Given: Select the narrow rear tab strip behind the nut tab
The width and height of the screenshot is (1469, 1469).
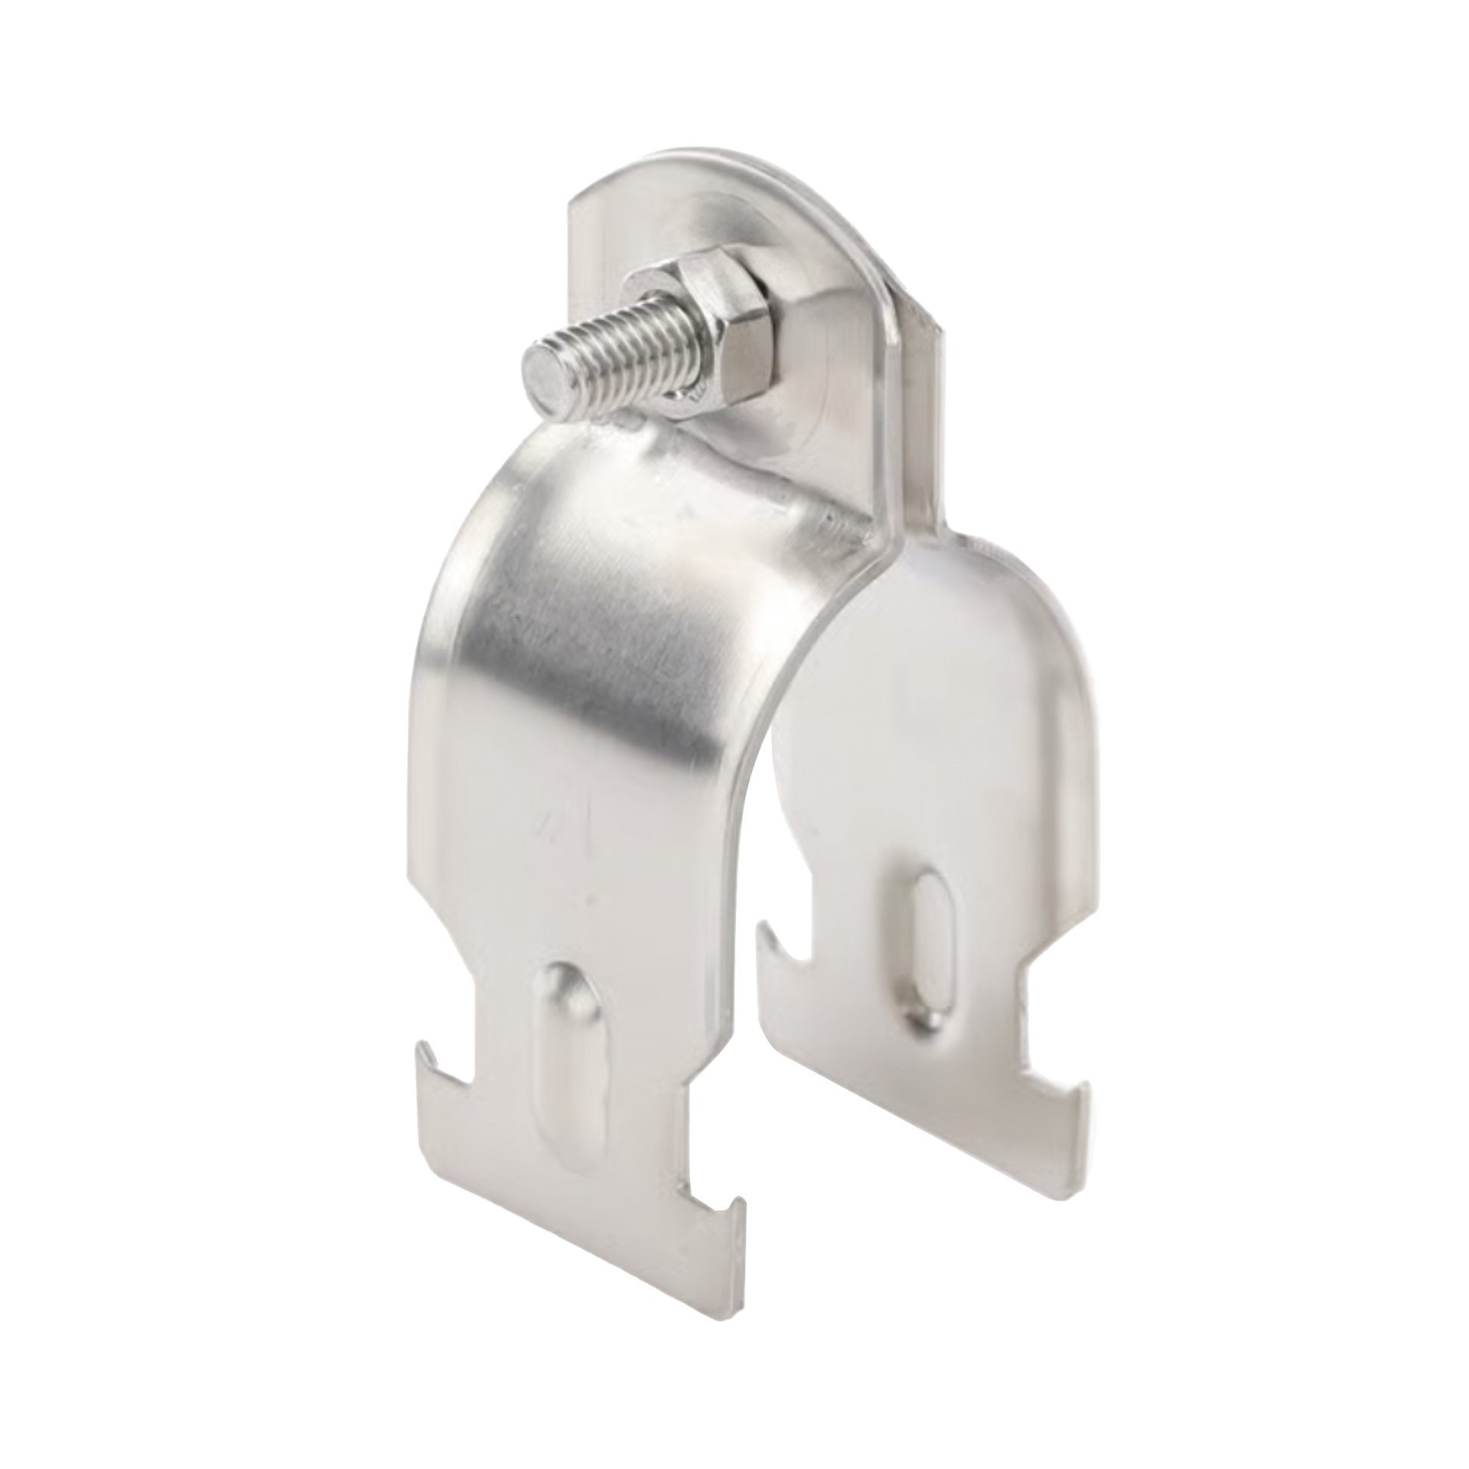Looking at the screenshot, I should [x=925, y=428].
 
